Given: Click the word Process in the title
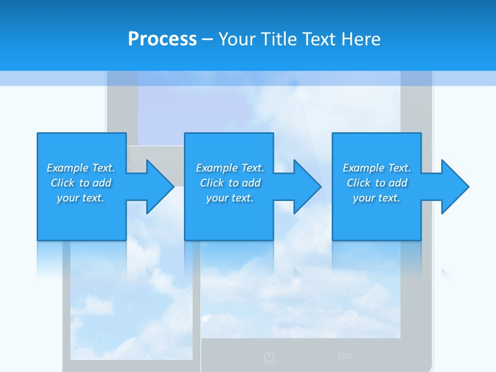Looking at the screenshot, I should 162,39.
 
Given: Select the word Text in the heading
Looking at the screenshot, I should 319,39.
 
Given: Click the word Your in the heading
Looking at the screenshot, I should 237,39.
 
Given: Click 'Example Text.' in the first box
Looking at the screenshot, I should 81,168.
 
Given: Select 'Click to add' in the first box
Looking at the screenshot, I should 81,183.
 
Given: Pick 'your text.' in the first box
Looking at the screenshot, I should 81,198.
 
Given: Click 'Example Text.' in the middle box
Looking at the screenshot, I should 230,168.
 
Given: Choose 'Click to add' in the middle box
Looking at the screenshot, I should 230,183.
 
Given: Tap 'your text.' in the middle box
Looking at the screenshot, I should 230,198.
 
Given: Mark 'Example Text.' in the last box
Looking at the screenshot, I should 377,168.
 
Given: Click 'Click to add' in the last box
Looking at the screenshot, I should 377,183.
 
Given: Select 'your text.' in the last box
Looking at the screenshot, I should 377,198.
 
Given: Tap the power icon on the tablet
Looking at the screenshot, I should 269,357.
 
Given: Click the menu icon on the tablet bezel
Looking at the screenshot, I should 345,357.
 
